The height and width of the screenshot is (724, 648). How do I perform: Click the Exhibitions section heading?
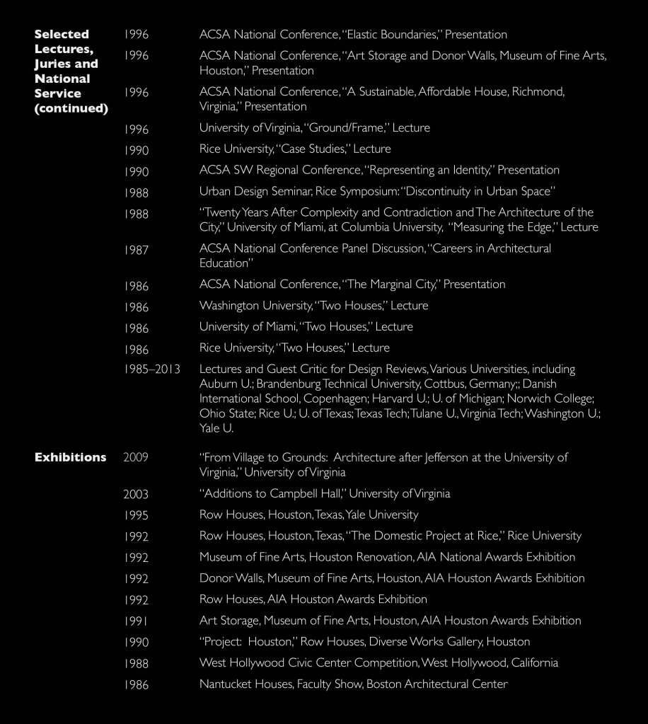coord(70,457)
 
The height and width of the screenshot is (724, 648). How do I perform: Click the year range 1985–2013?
coord(151,369)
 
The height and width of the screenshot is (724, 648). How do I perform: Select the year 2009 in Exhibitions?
coord(136,458)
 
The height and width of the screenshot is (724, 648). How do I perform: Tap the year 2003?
coord(136,494)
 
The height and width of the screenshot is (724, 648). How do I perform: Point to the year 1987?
coord(136,249)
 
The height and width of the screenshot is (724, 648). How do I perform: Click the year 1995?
coord(136,515)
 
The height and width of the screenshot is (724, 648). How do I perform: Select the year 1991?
coord(136,621)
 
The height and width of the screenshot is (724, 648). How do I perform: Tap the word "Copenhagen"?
coord(339,399)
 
